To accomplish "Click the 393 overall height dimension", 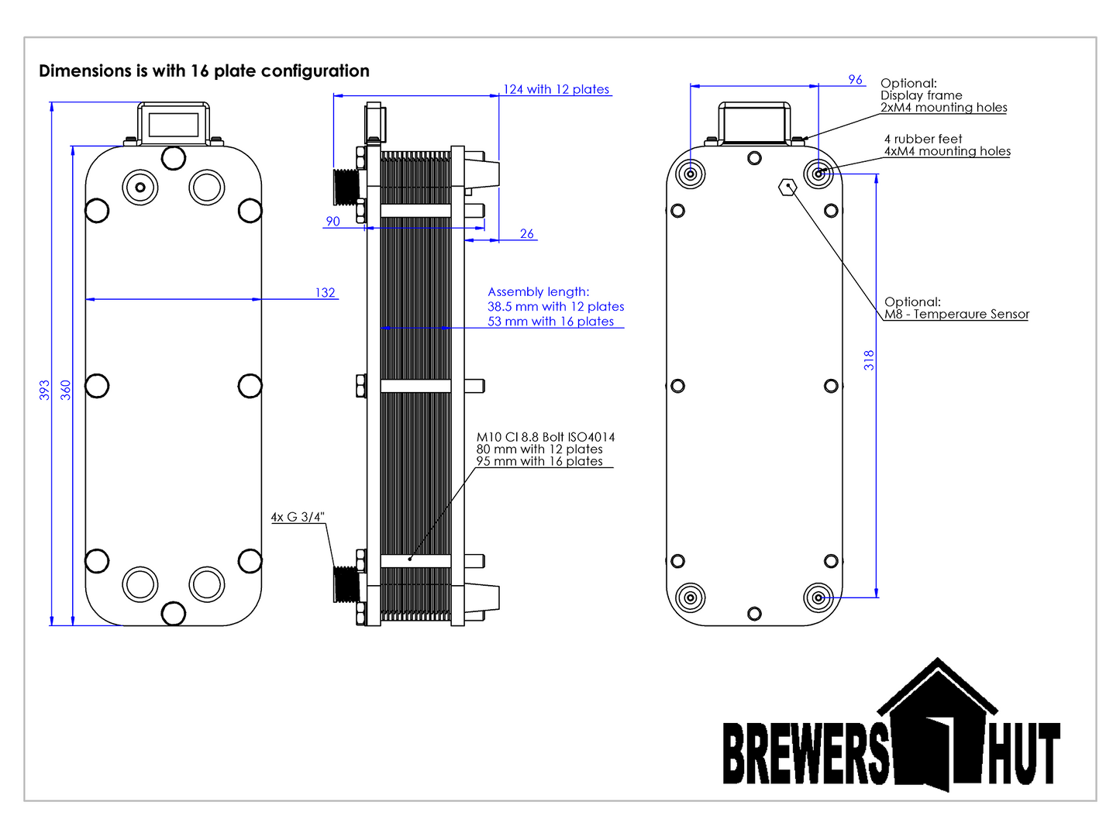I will tap(44, 390).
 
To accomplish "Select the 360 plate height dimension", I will tap(66, 390).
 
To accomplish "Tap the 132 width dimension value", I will tap(325, 293).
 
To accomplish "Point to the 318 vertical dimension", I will tap(869, 360).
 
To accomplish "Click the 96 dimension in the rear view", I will tap(855, 80).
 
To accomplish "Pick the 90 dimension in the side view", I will tap(333, 222).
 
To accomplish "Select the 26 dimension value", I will tap(527, 234).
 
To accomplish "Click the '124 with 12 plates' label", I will tap(557, 90).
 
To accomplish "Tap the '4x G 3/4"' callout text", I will tap(298, 517).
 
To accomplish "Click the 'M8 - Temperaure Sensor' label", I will tap(956, 315).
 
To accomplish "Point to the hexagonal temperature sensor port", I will tap(787, 187).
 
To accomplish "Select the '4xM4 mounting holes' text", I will tap(947, 152).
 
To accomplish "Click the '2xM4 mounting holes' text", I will tap(943, 108).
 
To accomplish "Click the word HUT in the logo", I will tap(1023, 754).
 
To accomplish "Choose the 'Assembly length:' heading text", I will tap(538, 292).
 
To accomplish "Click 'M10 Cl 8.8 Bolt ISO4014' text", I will tap(545, 437).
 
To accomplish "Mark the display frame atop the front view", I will tap(174, 123).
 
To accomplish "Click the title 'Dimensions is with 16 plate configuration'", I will tap(204, 71).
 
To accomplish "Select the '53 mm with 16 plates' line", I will tap(550, 322).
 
